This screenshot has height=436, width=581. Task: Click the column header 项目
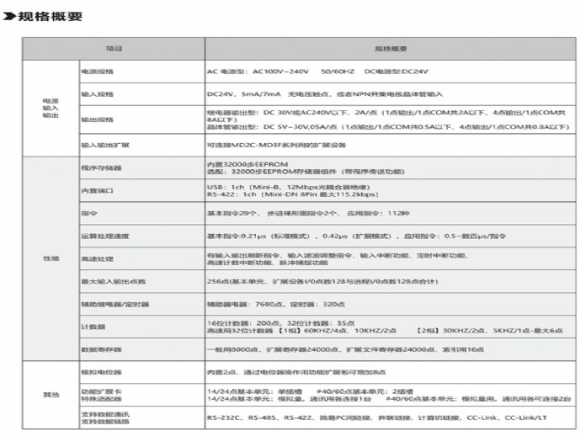click(113, 49)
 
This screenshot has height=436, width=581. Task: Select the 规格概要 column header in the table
click(390, 49)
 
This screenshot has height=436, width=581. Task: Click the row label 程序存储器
click(102, 167)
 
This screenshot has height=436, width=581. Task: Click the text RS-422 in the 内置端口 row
click(221, 194)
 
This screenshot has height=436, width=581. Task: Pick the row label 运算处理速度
click(106, 236)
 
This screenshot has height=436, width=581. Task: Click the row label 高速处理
click(98, 258)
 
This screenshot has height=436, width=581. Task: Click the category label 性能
click(51, 258)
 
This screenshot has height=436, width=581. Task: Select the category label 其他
click(51, 393)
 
